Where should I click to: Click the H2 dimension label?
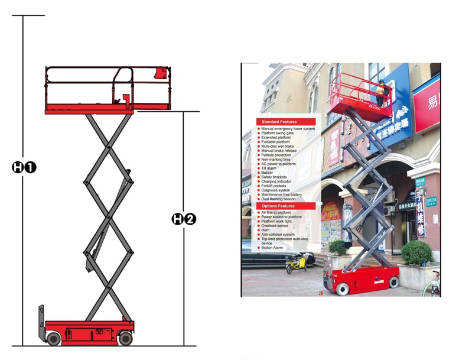[183, 219]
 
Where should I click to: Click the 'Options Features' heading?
[278, 206]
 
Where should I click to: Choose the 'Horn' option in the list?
[266, 230]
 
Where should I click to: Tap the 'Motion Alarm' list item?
[273, 248]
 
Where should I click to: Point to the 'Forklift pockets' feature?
[276, 186]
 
